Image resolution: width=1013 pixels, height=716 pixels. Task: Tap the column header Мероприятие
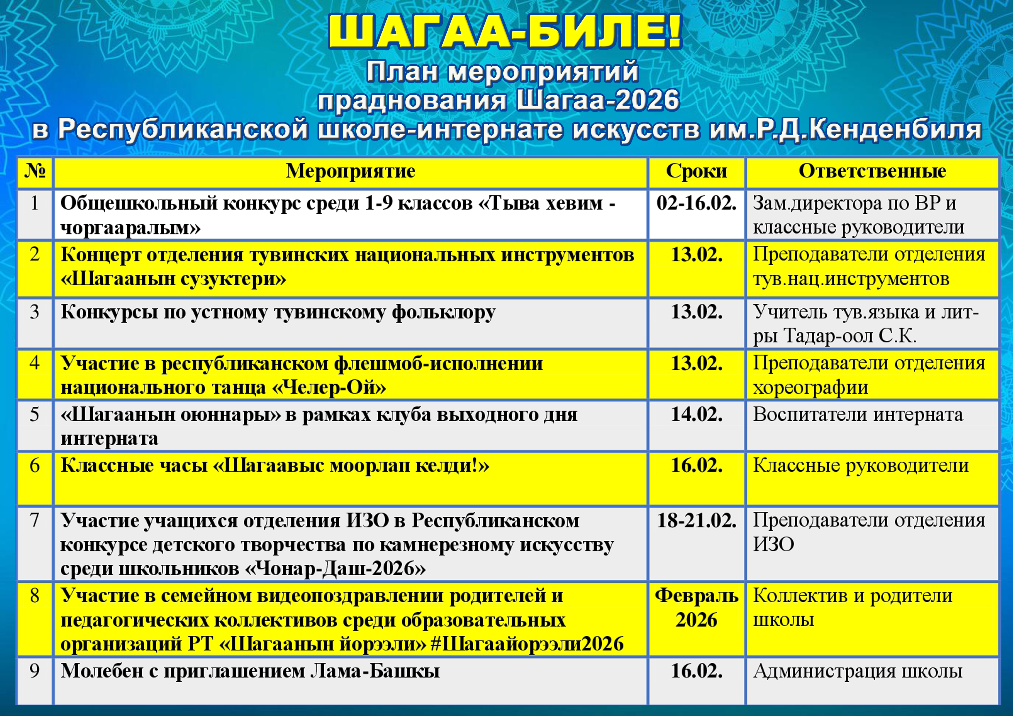[351, 171]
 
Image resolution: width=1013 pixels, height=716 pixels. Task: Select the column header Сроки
[697, 171]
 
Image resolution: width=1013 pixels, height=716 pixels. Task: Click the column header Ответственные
[872, 171]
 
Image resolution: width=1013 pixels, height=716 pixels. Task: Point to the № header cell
[35, 171]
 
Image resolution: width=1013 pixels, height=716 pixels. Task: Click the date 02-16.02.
[697, 203]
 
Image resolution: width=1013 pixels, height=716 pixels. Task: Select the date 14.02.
[697, 414]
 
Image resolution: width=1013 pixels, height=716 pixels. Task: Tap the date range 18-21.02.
[697, 521]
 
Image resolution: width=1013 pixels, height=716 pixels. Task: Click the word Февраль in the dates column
[697, 596]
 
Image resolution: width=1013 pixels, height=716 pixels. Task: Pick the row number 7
[34, 521]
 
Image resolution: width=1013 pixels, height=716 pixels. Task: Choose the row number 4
[34, 363]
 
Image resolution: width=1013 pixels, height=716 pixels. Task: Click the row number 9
[34, 671]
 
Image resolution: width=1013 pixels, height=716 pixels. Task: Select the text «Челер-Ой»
[329, 388]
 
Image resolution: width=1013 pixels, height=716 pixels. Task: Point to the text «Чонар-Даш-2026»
[335, 569]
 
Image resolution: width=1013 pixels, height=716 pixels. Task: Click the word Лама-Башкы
[375, 671]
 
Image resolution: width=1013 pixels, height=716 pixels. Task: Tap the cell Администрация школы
[858, 671]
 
